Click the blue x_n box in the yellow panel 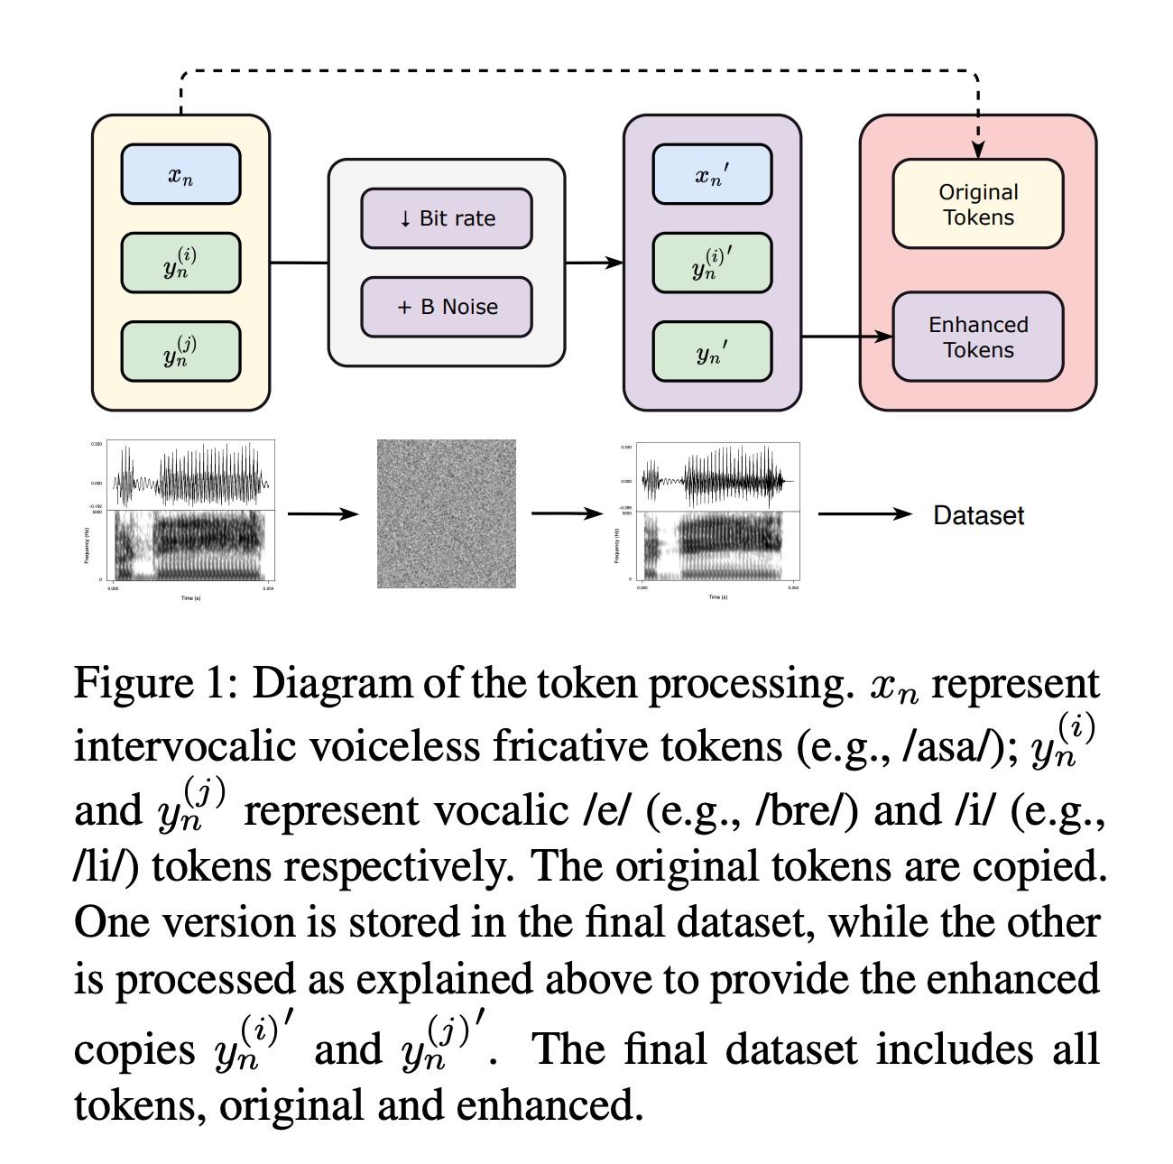pyautogui.click(x=180, y=174)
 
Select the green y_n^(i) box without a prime pyautogui.click(x=180, y=263)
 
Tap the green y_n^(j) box pyautogui.click(x=180, y=351)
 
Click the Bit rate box pyautogui.click(x=447, y=218)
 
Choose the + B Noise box pyautogui.click(x=447, y=307)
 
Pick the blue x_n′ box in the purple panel pyautogui.click(x=712, y=174)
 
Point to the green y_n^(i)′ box pyautogui.click(x=712, y=263)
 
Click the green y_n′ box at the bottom pyautogui.click(x=712, y=351)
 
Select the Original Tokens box pyautogui.click(x=978, y=204)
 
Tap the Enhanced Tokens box pyautogui.click(x=978, y=337)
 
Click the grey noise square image pyautogui.click(x=447, y=513)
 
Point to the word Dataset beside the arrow pyautogui.click(x=978, y=515)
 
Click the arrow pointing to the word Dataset pyautogui.click(x=864, y=514)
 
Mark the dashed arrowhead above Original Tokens pyautogui.click(x=978, y=150)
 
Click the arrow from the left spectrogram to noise pyautogui.click(x=323, y=514)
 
